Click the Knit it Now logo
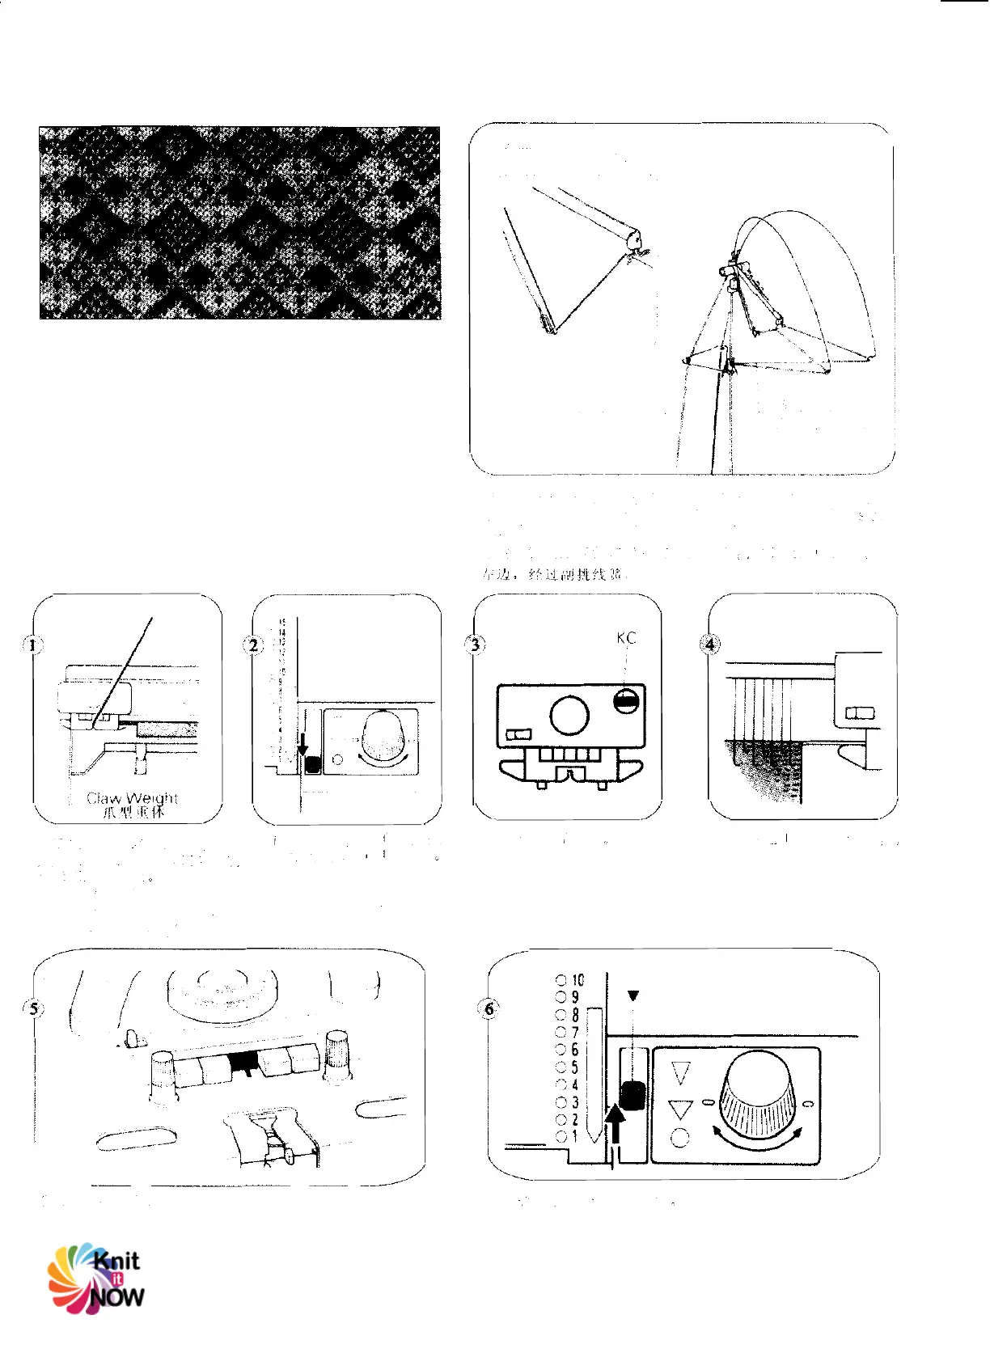click(96, 1279)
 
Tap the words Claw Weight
click(132, 798)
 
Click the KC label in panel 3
click(626, 638)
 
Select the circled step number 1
click(33, 645)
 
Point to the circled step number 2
click(253, 645)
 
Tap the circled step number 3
click(476, 645)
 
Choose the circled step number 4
click(709, 645)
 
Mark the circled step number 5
click(33, 1008)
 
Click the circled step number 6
click(489, 1008)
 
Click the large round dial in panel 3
click(569, 715)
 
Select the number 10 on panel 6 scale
click(577, 980)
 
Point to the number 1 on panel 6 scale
click(575, 1135)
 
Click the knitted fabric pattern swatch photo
click(240, 222)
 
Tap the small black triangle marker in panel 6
click(633, 995)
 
